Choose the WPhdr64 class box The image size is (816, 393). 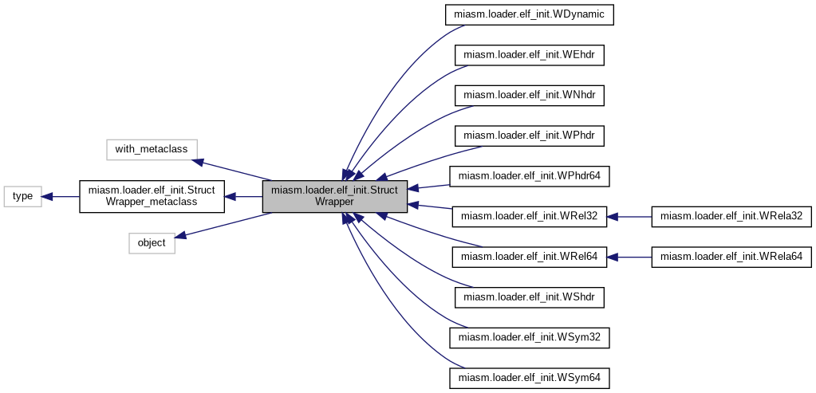pyautogui.click(x=530, y=176)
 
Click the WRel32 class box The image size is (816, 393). pyautogui.click(x=530, y=216)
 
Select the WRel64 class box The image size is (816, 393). pyautogui.click(x=530, y=257)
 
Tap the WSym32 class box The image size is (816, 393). pyautogui.click(x=530, y=337)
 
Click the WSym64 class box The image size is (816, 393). pyautogui.click(x=530, y=378)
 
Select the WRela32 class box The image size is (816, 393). pyautogui.click(x=731, y=216)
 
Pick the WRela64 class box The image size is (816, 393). pyautogui.click(x=731, y=257)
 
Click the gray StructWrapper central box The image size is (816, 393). pyautogui.click(x=335, y=196)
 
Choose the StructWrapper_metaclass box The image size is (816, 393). pyautogui.click(x=151, y=196)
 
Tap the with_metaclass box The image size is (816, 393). pyautogui.click(x=152, y=148)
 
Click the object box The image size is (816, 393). pyautogui.click(x=152, y=243)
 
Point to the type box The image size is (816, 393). pyautogui.click(x=23, y=196)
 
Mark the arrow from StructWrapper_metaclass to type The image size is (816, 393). pyautogui.click(x=61, y=196)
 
